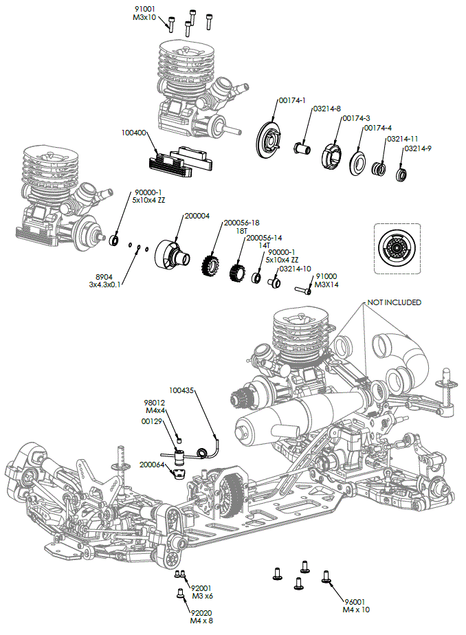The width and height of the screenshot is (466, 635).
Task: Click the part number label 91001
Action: click(x=146, y=9)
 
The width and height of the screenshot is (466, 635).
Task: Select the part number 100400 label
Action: click(x=133, y=133)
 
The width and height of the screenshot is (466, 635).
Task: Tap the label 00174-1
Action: click(x=292, y=100)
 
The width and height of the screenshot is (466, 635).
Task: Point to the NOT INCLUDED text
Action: click(x=394, y=302)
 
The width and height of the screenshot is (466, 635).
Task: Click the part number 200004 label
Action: click(x=197, y=216)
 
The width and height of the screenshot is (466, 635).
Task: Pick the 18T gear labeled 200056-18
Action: click(x=210, y=263)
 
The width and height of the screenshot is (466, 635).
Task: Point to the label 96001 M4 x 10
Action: click(x=356, y=605)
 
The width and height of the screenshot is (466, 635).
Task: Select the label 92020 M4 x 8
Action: click(x=203, y=616)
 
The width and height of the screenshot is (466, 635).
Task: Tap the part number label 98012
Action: click(x=154, y=403)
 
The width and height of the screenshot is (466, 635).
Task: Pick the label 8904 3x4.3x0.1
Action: click(x=104, y=279)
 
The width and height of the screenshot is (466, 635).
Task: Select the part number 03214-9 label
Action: click(x=418, y=148)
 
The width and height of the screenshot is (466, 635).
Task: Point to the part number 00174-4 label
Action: click(x=378, y=128)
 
